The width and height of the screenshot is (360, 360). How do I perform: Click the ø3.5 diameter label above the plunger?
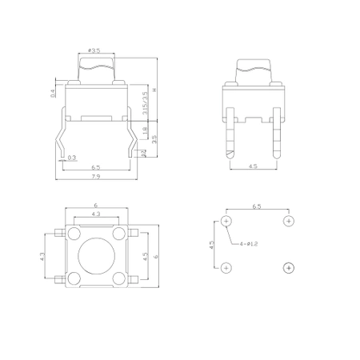click(95, 50)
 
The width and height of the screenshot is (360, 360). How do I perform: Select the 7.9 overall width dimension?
click(95, 176)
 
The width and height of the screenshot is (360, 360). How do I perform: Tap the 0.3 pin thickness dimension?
click(72, 158)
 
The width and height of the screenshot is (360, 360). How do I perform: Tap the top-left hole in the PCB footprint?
click(227, 221)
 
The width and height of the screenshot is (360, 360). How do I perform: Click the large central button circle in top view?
click(96, 256)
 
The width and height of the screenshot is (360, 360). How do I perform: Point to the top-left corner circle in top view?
click(74, 234)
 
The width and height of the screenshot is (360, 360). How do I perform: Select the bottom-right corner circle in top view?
click(118, 278)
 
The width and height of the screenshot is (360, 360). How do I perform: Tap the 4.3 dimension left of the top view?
click(42, 256)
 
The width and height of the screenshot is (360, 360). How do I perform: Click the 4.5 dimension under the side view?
click(253, 166)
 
